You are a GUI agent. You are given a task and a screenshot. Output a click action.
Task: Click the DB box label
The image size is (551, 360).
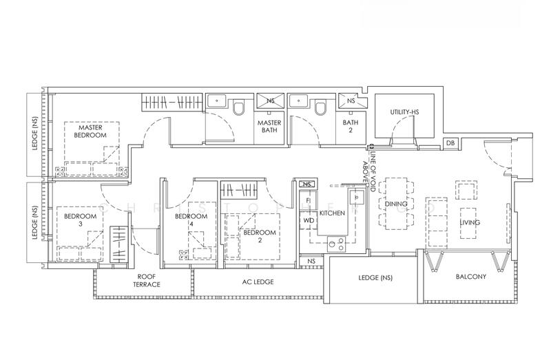[450, 143]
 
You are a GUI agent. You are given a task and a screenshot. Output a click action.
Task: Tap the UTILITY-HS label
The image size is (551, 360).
[404, 112]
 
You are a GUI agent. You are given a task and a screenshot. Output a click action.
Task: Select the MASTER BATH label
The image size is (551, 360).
[269, 127]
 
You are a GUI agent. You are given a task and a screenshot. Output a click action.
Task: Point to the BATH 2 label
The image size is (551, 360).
[351, 127]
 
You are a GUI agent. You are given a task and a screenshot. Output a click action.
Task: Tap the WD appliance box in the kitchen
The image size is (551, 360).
[308, 221]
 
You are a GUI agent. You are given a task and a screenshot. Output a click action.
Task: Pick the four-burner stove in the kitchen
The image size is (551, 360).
[336, 244]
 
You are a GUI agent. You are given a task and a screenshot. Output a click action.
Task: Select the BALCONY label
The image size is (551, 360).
[471, 277]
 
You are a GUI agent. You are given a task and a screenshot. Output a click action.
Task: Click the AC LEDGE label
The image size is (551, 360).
[258, 282]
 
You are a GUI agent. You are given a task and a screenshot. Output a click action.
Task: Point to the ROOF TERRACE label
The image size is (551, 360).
[147, 281]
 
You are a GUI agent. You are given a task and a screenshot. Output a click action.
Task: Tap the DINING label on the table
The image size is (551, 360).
[396, 204]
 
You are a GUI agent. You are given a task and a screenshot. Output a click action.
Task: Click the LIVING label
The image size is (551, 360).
[470, 222]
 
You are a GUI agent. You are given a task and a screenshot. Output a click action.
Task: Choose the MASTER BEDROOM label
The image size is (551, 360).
[90, 131]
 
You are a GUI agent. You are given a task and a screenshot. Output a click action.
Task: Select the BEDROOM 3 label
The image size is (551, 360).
[80, 220]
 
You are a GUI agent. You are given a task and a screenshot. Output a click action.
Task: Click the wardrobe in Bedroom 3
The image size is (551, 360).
[118, 244]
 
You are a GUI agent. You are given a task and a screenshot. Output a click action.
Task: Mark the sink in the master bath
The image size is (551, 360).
[217, 101]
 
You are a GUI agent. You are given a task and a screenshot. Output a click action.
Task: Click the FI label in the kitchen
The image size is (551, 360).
[308, 200]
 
